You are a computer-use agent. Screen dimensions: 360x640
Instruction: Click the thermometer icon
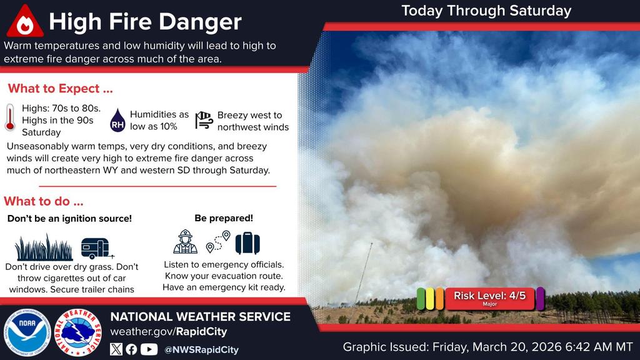(x=9, y=117)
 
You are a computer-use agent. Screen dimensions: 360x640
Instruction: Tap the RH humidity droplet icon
(x=117, y=119)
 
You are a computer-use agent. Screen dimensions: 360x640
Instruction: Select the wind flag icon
(x=204, y=120)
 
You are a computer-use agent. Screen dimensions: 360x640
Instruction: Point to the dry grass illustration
(x=44, y=247)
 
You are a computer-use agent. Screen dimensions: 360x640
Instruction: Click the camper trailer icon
(x=96, y=248)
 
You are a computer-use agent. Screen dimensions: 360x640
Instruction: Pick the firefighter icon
(x=185, y=242)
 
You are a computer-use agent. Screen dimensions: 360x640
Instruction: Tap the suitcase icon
(x=247, y=242)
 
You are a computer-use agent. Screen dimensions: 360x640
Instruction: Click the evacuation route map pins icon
(x=218, y=242)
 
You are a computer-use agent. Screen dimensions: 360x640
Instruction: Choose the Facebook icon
(x=131, y=349)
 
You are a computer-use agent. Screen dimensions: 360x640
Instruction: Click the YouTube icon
(x=149, y=349)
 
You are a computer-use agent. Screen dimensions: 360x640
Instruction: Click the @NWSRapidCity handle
(x=201, y=350)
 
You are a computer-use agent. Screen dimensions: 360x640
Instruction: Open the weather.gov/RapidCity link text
(x=168, y=332)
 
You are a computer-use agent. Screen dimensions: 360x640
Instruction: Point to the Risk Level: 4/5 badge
(x=490, y=298)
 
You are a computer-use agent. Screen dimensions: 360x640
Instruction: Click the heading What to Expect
(x=61, y=88)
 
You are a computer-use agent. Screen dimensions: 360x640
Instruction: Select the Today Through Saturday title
(x=486, y=11)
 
